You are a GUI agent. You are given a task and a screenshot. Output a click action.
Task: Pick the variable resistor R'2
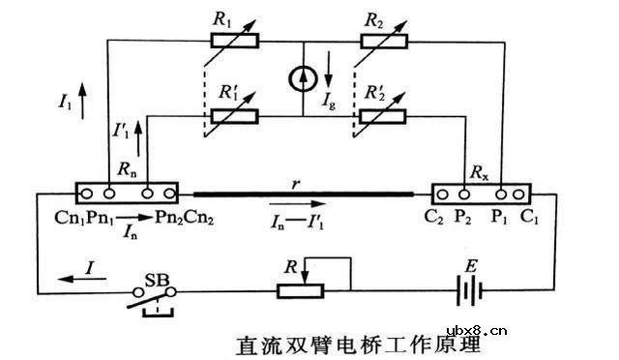click(385, 116)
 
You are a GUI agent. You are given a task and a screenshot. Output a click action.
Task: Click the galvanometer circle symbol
click(304, 80)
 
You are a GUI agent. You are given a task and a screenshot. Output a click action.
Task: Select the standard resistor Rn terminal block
click(126, 191)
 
